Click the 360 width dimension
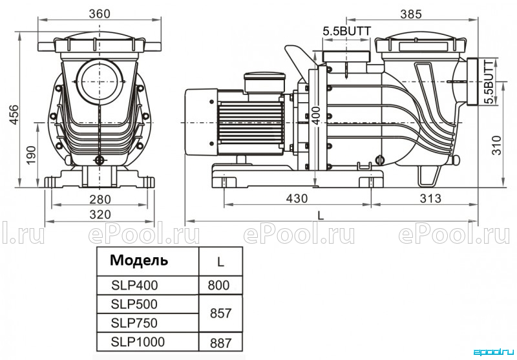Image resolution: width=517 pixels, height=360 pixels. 100,14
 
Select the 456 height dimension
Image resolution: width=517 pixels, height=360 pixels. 14,114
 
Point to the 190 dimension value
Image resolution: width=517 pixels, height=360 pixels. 30,156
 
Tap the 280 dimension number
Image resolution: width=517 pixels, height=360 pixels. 100,200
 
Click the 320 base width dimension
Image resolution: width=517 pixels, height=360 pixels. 100,215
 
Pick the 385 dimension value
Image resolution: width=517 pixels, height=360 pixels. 411,14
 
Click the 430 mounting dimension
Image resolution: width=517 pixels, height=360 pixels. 297,198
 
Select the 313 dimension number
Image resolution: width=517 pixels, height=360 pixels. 430,198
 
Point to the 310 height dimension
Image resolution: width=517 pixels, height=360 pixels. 496,145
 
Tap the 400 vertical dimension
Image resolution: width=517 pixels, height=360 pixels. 316,116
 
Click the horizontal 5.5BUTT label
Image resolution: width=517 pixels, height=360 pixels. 346,31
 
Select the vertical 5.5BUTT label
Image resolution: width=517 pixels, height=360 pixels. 491,81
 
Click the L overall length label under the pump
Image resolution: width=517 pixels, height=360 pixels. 321,215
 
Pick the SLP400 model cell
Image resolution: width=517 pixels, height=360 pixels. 134,285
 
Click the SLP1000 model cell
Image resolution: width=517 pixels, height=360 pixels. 138,342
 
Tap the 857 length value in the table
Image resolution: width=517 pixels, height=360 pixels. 220,313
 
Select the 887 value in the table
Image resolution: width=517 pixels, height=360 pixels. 220,343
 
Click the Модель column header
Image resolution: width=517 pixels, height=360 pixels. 139,260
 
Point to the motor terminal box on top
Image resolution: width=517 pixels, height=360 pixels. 264,81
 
